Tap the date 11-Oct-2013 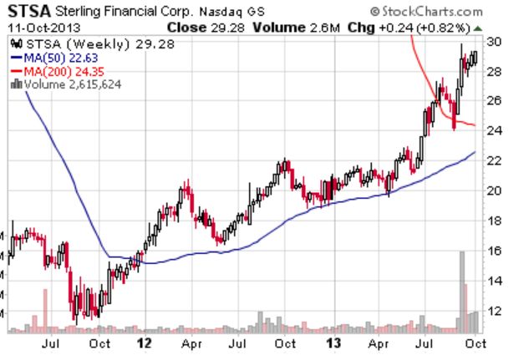click(38, 27)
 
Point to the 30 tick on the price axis click(494, 42)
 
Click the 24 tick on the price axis click(494, 130)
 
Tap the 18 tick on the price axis click(494, 221)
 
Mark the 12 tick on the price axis click(494, 310)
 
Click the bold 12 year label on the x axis click(145, 342)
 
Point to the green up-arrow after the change click(478, 28)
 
